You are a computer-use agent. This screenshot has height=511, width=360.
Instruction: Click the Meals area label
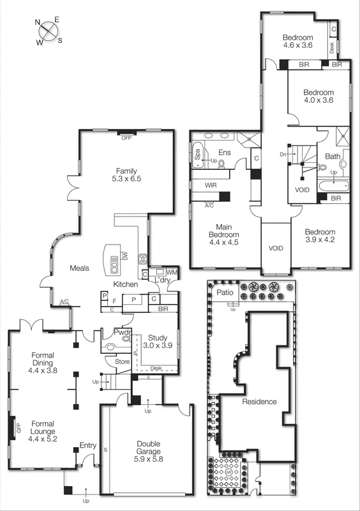click(79, 268)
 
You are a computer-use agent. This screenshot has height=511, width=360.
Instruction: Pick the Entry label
click(87, 445)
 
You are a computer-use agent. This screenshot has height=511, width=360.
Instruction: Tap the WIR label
click(212, 185)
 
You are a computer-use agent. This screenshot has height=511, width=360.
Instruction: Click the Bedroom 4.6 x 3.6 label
click(298, 41)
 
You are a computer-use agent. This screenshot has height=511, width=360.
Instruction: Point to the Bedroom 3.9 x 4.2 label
click(319, 236)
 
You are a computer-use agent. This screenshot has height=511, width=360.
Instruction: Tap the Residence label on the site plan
click(259, 401)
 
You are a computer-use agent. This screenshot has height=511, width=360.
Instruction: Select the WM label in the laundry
click(171, 273)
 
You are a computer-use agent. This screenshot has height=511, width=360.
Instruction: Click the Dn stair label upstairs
click(283, 155)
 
